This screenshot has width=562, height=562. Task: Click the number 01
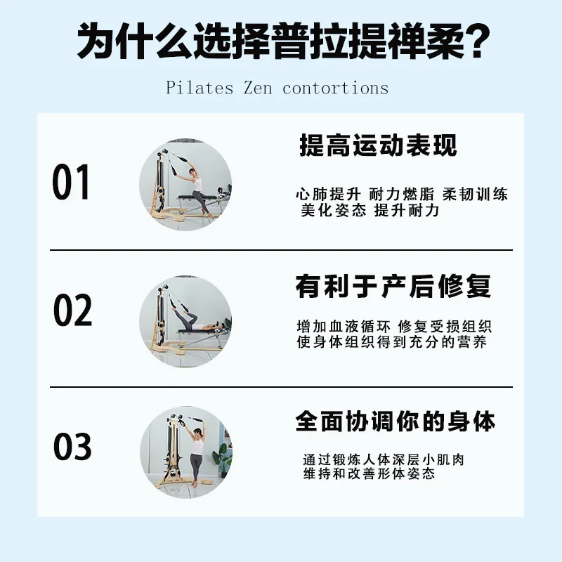pyautogui.click(x=71, y=182)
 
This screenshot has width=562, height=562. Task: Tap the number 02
pyautogui.click(x=72, y=310)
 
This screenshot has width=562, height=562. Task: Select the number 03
pyautogui.click(x=72, y=446)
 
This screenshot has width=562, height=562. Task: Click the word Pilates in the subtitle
pyautogui.click(x=200, y=88)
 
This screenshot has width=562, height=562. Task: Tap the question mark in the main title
pyautogui.click(x=476, y=41)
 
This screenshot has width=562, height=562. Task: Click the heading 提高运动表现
pyautogui.click(x=378, y=145)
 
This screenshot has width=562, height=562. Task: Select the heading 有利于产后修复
pyautogui.click(x=393, y=287)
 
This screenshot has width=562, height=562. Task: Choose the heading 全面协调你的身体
pyautogui.click(x=396, y=421)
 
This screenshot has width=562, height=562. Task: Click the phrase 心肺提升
pyautogui.click(x=328, y=194)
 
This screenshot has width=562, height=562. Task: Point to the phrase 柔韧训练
pyautogui.click(x=475, y=194)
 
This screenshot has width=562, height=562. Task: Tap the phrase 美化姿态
pyautogui.click(x=334, y=210)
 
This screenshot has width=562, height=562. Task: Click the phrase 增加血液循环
pyautogui.click(x=344, y=327)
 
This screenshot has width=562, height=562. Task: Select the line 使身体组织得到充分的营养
pyautogui.click(x=392, y=342)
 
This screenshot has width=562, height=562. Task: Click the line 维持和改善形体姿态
pyautogui.click(x=370, y=473)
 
